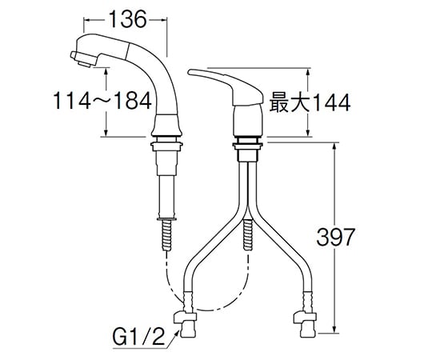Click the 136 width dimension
(x=127, y=19)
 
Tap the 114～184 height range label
(x=102, y=101)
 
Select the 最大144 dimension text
(x=310, y=102)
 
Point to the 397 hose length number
(x=334, y=237)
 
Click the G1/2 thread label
(x=138, y=337)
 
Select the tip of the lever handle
(x=190, y=72)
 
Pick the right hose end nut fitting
(x=305, y=324)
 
